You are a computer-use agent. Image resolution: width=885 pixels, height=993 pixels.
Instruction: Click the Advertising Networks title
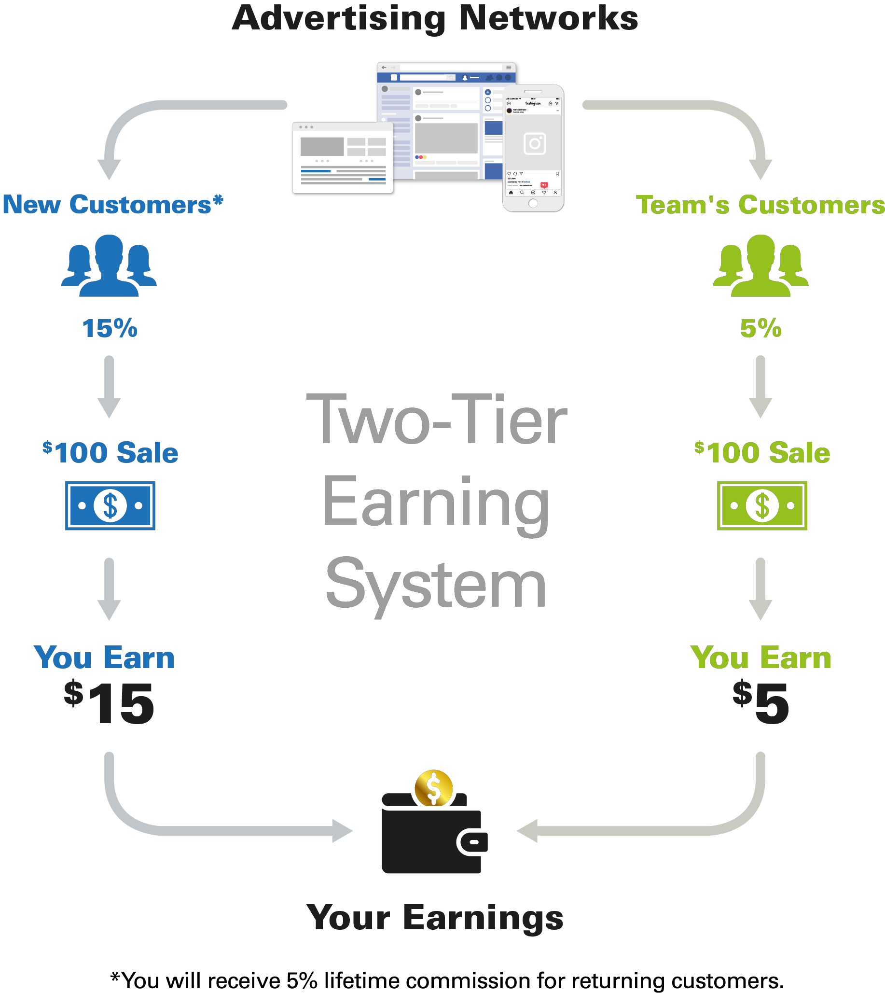point(434,18)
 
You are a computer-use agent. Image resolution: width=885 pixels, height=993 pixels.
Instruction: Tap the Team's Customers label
point(760,205)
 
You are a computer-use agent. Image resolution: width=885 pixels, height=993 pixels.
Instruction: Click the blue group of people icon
point(109,266)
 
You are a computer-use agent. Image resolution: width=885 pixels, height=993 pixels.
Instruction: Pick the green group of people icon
point(761,266)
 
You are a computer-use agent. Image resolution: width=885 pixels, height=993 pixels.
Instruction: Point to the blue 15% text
point(110,328)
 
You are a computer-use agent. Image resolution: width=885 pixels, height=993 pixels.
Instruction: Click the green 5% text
point(761,328)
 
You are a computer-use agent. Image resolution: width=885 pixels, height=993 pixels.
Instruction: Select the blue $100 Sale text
point(111,452)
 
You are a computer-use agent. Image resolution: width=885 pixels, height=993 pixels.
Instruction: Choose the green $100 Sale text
point(762,452)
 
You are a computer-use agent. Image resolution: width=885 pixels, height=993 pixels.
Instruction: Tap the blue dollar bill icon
point(111,505)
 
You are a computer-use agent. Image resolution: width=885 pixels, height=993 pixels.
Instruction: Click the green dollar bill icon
point(762,505)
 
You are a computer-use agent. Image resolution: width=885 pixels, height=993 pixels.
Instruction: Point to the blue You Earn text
point(104,658)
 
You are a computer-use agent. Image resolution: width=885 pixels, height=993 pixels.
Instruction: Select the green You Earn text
point(761,658)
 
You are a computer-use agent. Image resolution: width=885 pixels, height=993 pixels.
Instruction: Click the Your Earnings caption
point(435,918)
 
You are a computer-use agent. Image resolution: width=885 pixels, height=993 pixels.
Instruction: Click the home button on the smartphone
point(533,203)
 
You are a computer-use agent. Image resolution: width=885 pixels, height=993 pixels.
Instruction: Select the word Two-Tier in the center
point(436,420)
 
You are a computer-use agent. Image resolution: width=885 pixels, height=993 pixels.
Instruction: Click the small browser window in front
point(343,159)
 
